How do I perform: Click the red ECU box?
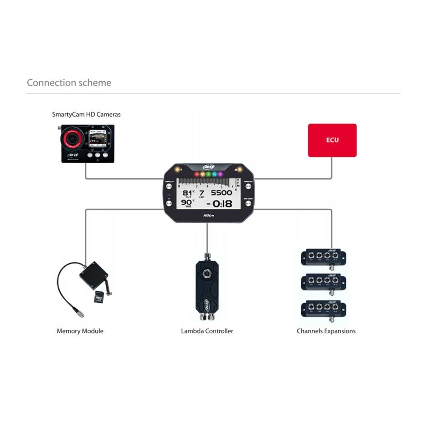point(332,140)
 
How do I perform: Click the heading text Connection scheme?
point(69,83)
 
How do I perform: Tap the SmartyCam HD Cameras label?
point(86,114)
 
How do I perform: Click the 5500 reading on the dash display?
point(222,193)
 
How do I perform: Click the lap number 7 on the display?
point(201,193)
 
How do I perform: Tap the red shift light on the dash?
point(197,174)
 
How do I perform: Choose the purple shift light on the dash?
point(220,174)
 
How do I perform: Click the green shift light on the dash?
point(209,174)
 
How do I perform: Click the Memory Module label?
point(80,331)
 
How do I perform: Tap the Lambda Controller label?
point(207,331)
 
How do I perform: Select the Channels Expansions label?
point(326,331)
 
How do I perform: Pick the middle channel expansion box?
point(323,282)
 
